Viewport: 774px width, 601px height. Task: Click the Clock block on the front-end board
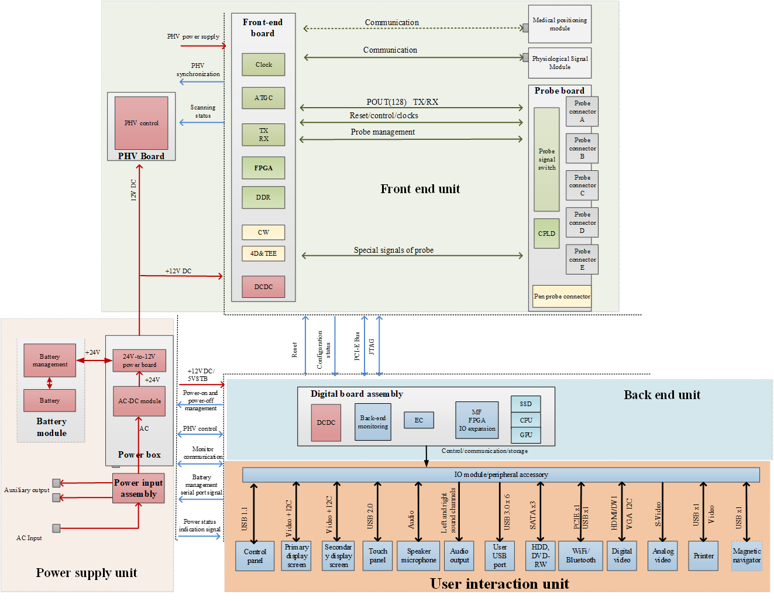(263, 64)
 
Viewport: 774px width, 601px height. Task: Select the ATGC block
(263, 98)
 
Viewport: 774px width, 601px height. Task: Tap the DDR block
(263, 197)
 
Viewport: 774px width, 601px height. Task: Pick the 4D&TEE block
(263, 253)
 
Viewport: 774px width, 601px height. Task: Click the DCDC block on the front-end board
(263, 286)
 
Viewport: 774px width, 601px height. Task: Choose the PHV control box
(141, 123)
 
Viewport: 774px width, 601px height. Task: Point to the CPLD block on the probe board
(546, 233)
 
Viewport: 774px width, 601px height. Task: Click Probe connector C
(582, 186)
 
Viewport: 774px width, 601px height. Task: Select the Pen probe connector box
(562, 296)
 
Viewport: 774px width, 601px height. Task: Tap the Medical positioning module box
(559, 24)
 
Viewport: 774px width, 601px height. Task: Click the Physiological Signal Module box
(559, 63)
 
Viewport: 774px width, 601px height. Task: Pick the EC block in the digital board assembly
(418, 420)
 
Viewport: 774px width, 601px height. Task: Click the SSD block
(526, 404)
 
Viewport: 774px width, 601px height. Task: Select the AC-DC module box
(139, 401)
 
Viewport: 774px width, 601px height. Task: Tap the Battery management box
(50, 360)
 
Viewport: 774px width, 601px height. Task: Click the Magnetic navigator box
(747, 555)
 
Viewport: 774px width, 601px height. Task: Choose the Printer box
(703, 555)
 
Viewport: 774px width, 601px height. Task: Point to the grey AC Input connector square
(56, 528)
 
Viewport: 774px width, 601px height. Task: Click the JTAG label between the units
(371, 346)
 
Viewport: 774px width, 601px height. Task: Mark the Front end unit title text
(420, 189)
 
